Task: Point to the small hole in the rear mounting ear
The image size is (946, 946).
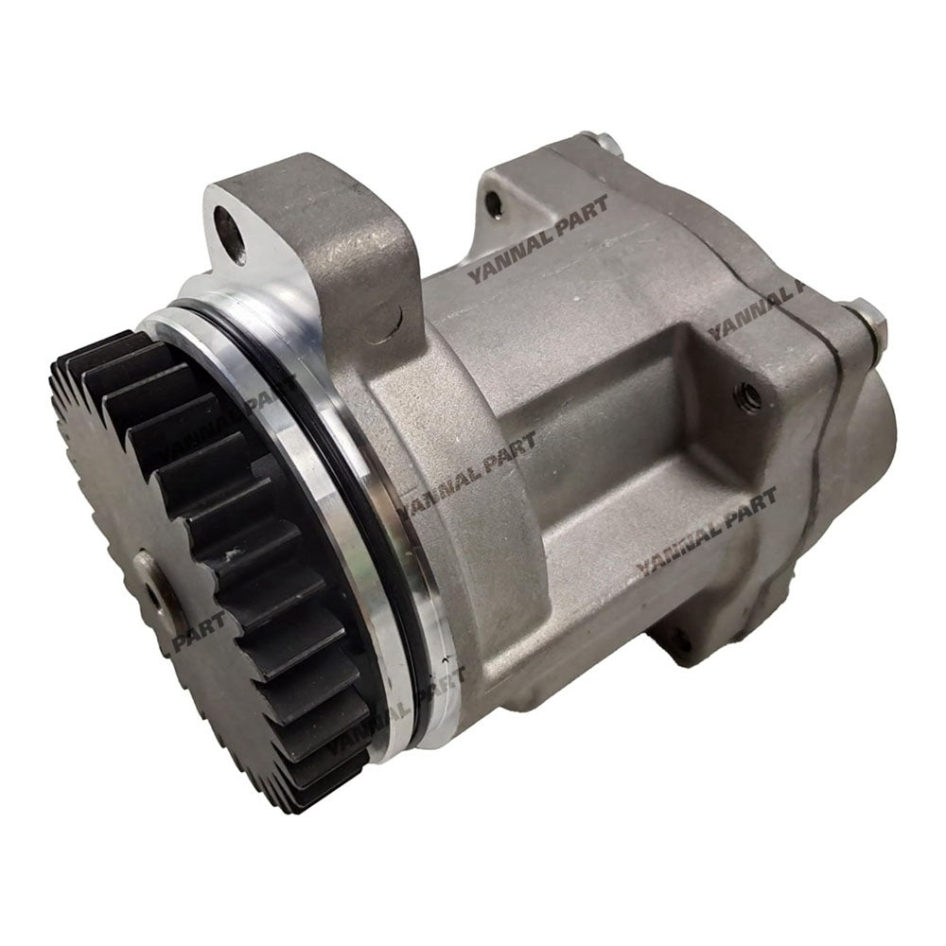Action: pos(491,200)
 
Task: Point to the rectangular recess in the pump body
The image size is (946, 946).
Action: pos(605,445)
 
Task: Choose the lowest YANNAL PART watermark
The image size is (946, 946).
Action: pos(397,705)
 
